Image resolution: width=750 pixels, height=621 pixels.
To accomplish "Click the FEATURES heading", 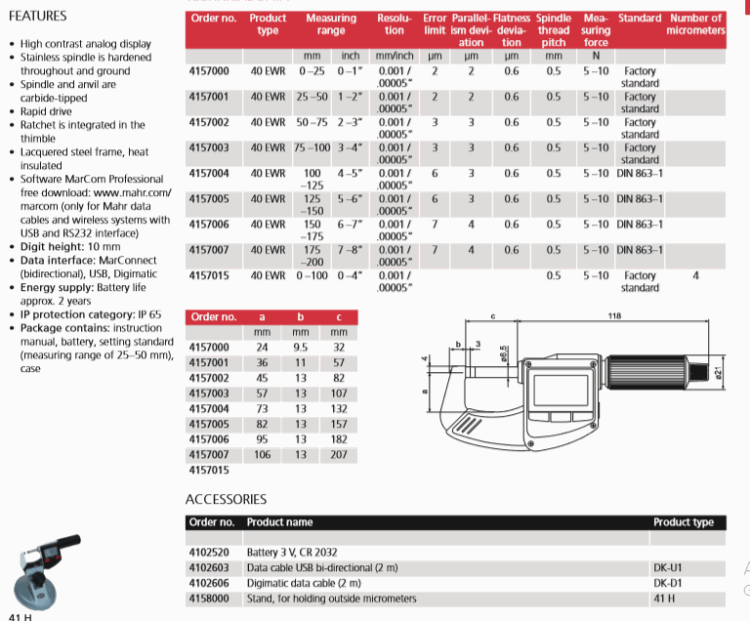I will pyautogui.click(x=38, y=16).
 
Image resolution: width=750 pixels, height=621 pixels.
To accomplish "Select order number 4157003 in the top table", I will pyautogui.click(x=210, y=147).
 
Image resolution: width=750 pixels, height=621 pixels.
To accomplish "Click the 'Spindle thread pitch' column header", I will pyautogui.click(x=554, y=30).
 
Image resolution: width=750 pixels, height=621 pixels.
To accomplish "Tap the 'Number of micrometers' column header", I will pyautogui.click(x=695, y=24).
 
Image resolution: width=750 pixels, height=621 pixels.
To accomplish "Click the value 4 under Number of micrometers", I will pyautogui.click(x=695, y=276).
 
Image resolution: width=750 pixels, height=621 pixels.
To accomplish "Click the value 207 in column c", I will pyautogui.click(x=339, y=455).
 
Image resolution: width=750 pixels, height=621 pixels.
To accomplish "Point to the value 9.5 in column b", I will pyautogui.click(x=301, y=347).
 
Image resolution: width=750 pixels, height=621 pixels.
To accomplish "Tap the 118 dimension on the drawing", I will pyautogui.click(x=614, y=316).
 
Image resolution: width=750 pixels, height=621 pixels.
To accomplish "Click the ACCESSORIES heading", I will pyautogui.click(x=226, y=498).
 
